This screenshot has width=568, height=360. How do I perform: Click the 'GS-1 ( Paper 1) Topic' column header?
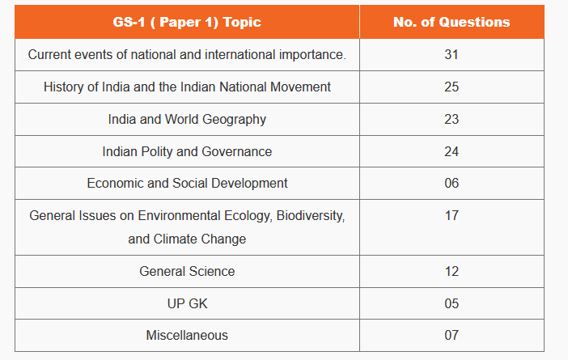click(187, 22)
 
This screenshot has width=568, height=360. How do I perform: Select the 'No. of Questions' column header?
click(451, 22)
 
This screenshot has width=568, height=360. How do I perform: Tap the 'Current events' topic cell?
click(187, 54)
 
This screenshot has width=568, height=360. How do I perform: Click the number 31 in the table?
click(451, 54)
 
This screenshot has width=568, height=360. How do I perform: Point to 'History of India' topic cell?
click(187, 87)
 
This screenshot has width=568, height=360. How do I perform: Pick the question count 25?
click(451, 87)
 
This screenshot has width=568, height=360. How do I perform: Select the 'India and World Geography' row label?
click(187, 119)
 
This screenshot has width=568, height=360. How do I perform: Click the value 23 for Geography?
click(451, 119)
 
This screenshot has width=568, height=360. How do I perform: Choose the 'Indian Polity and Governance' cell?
click(187, 151)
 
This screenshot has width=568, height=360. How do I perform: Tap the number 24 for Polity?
click(451, 151)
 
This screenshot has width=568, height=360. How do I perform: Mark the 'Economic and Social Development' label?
click(187, 183)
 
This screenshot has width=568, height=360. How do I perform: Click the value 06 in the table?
click(451, 183)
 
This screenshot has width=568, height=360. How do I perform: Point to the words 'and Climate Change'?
click(187, 239)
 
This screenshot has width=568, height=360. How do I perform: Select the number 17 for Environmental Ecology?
click(451, 215)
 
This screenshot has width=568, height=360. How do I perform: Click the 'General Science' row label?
click(187, 271)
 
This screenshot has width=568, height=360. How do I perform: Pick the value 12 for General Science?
click(451, 271)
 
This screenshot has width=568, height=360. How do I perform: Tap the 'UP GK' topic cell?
click(187, 303)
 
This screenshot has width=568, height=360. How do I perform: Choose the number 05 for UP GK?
click(451, 303)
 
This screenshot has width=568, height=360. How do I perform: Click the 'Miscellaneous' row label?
click(187, 335)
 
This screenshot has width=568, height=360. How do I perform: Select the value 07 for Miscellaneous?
click(451, 335)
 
